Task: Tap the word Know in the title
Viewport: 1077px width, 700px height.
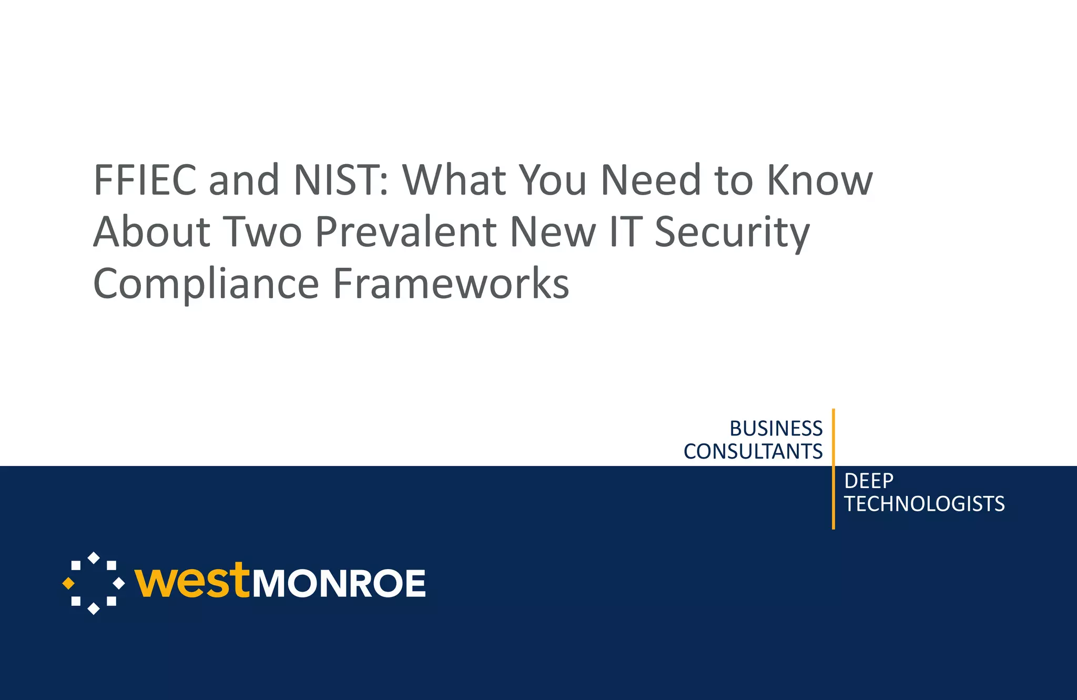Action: pyautogui.click(x=820, y=180)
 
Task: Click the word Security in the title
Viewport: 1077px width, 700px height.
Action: pyautogui.click(x=732, y=232)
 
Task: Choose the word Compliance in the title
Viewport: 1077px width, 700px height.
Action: pyautogui.click(x=206, y=284)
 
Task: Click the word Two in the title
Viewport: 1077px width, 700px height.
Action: pyautogui.click(x=263, y=231)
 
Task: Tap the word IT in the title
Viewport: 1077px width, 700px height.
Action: pyautogui.click(x=625, y=231)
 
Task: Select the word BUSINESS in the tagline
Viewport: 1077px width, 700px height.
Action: pyautogui.click(x=776, y=429)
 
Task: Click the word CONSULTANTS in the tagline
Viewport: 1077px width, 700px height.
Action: pyautogui.click(x=753, y=452)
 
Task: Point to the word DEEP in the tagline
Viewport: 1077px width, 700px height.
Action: pyautogui.click(x=869, y=481)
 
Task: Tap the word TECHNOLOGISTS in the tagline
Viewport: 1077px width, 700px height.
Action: pyautogui.click(x=924, y=504)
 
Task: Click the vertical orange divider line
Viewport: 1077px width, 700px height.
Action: pyautogui.click(x=834, y=468)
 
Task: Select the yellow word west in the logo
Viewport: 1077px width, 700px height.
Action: pyautogui.click(x=191, y=582)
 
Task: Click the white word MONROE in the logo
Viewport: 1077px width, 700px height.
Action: pyautogui.click(x=339, y=584)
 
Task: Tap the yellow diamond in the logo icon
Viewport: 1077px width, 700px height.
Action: pyautogui.click(x=68, y=583)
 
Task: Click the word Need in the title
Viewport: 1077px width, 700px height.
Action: pyautogui.click(x=651, y=180)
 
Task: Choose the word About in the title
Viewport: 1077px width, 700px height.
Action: pyautogui.click(x=152, y=231)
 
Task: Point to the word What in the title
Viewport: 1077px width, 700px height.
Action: pyautogui.click(x=454, y=180)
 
